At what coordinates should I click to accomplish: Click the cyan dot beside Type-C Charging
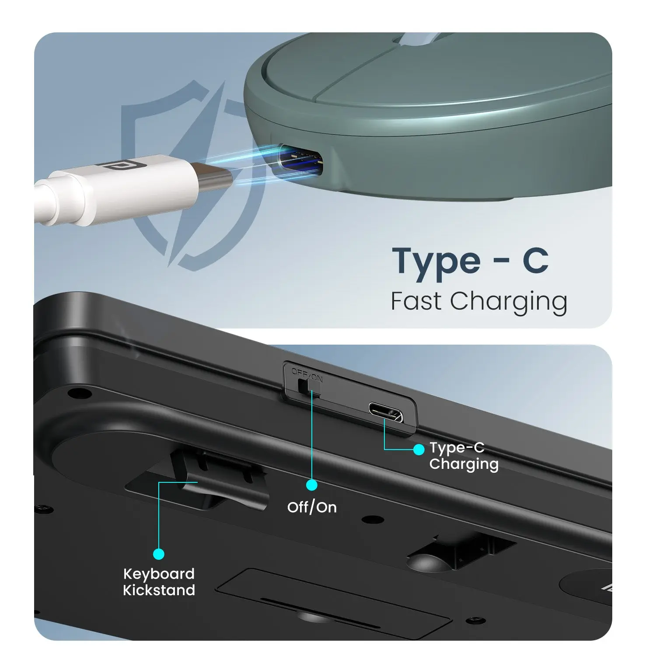419,449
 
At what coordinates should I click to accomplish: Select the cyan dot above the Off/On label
312,485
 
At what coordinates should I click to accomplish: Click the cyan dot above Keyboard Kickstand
159,554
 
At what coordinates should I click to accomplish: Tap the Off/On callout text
312,507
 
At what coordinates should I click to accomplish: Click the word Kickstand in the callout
159,590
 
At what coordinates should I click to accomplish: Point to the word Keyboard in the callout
159,574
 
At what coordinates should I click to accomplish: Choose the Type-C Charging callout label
464,456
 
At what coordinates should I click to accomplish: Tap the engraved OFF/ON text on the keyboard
307,375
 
